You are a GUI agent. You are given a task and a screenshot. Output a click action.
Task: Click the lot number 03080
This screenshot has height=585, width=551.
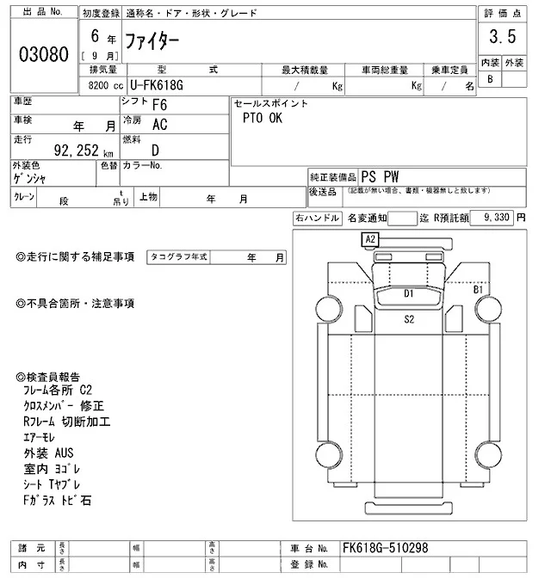pos(43,53)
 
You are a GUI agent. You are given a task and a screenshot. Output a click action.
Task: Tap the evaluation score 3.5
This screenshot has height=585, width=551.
pos(501,37)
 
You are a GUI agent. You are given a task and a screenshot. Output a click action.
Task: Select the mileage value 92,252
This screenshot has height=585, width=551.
pos(81,150)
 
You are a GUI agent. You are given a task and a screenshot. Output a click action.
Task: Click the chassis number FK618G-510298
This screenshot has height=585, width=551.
pos(385,548)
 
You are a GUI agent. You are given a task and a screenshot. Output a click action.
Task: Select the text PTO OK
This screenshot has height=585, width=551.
pos(263,119)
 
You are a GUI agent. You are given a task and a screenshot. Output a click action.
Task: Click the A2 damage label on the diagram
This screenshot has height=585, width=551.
pos(371,238)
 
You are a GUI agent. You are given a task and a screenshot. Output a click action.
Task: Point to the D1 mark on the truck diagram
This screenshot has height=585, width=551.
pos(410,293)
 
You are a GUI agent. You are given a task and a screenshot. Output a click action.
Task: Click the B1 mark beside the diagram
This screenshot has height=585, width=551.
pos(478,290)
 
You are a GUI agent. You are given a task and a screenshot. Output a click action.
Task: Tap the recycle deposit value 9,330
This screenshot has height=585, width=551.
pos(497,219)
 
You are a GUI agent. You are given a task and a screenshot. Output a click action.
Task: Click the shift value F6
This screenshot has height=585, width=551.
pos(159,105)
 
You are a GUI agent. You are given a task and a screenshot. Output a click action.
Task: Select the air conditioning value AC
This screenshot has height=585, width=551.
pos(159,124)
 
